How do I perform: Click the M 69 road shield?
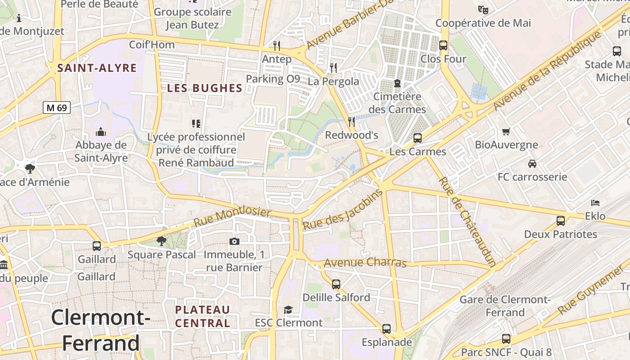pos(57,108)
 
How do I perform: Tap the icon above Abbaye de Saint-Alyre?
pos(101,132)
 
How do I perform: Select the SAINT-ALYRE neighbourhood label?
pos(97,68)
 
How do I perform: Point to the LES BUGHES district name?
pos(205,88)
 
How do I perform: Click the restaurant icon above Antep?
pos(277,45)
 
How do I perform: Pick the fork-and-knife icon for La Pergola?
pos(333,67)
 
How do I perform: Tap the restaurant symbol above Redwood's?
pos(351,121)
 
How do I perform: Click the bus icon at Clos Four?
pos(443,45)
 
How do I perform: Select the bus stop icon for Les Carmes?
pos(418,138)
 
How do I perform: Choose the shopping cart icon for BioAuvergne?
pos(506,131)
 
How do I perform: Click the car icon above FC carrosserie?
pos(532,163)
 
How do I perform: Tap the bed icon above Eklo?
pos(595,202)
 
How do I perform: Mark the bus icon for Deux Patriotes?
pos(561,221)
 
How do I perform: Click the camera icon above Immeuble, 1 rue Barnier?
pos(234,241)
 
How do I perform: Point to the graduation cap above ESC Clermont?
pos(288,310)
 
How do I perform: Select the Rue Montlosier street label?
pos(232,216)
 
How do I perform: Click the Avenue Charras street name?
pos(365,262)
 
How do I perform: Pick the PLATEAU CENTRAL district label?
pos(202,316)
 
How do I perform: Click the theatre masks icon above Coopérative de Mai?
pos(483,9)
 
